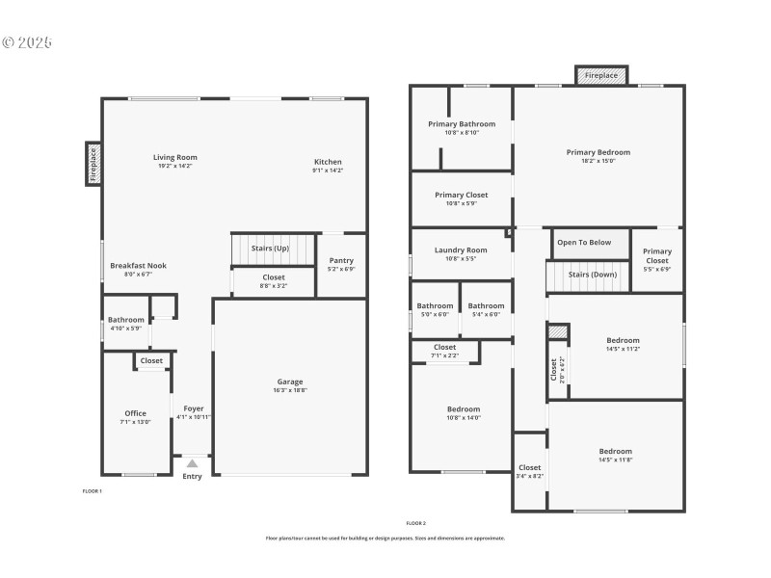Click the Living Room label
pyautogui.click(x=174, y=157)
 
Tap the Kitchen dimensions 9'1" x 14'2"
pyautogui.click(x=328, y=171)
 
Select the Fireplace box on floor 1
pyautogui.click(x=93, y=164)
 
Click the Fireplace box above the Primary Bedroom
pyautogui.click(x=601, y=75)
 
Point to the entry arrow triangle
pyautogui.click(x=192, y=463)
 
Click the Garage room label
pyautogui.click(x=290, y=381)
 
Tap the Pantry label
pyautogui.click(x=341, y=260)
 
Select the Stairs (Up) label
pyautogui.click(x=270, y=249)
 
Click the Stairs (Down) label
pyautogui.click(x=592, y=275)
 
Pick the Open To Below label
pyautogui.click(x=584, y=243)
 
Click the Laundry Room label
pyautogui.click(x=461, y=250)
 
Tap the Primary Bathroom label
pyautogui.click(x=462, y=123)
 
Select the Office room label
pyautogui.click(x=135, y=413)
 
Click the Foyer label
pyautogui.click(x=193, y=408)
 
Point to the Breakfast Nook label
pyautogui.click(x=138, y=265)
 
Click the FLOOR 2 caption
pyautogui.click(x=415, y=523)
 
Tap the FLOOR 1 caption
pyautogui.click(x=92, y=490)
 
